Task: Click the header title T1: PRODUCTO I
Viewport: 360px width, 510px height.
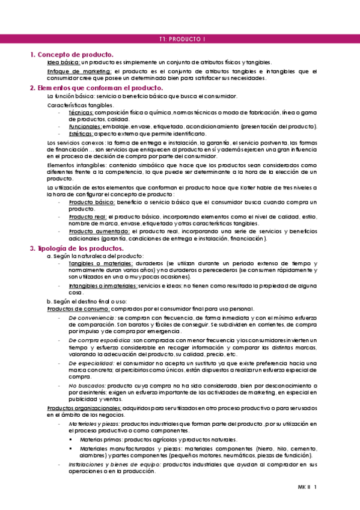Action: (x=183, y=39)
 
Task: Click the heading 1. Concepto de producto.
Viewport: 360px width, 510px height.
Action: (x=72, y=55)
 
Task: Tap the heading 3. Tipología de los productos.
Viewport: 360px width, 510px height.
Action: (x=77, y=248)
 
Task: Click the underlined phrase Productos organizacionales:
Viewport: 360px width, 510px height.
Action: (x=84, y=408)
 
